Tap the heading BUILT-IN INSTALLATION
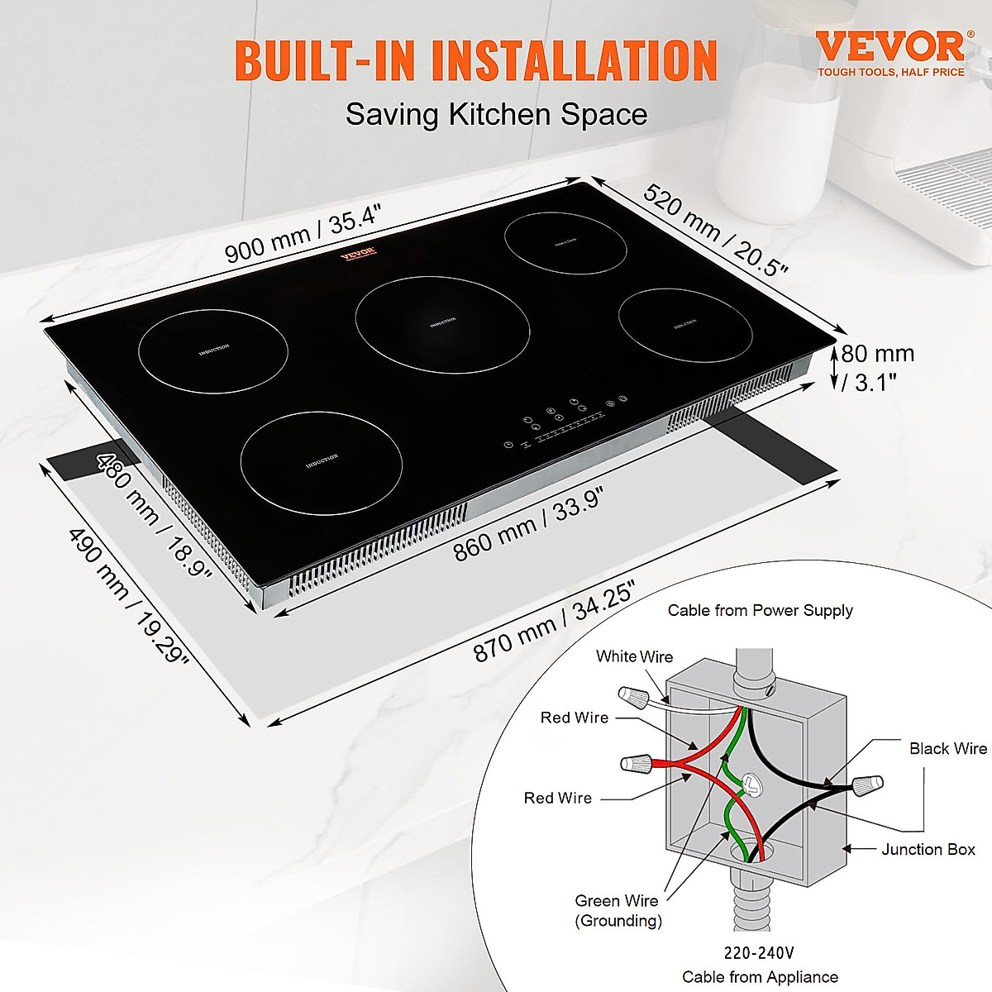tap(475, 60)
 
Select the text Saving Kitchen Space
tap(496, 114)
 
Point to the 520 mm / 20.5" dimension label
tap(716, 231)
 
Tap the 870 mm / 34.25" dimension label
tap(554, 622)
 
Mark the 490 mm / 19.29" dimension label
tap(128, 595)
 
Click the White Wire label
tap(635, 656)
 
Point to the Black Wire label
tap(947, 748)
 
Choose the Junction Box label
tap(928, 849)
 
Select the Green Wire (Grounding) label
tap(618, 910)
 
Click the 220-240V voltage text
tap(759, 953)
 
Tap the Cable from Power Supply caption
tap(760, 610)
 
